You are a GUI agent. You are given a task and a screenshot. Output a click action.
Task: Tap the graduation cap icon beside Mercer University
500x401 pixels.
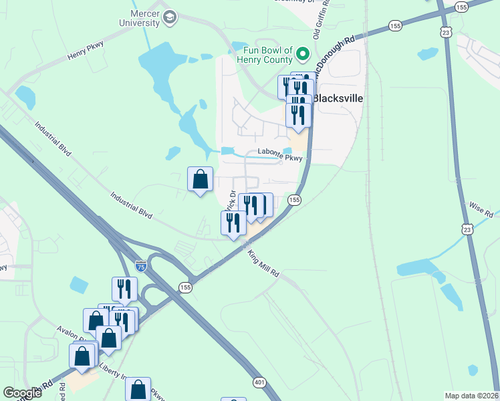[x=170, y=17]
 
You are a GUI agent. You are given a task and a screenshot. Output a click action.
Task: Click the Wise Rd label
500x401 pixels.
[x=481, y=210]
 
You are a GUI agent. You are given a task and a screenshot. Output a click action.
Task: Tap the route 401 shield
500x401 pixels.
[x=260, y=382]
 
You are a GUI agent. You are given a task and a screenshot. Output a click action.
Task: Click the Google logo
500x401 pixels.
[x=23, y=393]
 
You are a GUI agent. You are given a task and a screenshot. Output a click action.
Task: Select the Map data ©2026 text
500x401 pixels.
[x=472, y=396]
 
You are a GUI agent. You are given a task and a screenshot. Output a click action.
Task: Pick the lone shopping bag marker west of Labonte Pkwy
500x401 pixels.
[x=200, y=179]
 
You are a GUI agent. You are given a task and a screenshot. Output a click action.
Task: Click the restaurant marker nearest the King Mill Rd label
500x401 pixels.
[x=233, y=223]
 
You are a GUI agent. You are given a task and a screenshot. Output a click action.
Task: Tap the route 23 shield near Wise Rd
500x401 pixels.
[x=467, y=229]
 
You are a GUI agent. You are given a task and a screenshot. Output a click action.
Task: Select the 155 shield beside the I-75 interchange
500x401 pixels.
[x=185, y=287]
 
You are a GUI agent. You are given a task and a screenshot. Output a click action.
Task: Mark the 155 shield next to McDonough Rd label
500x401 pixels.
[x=395, y=25]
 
